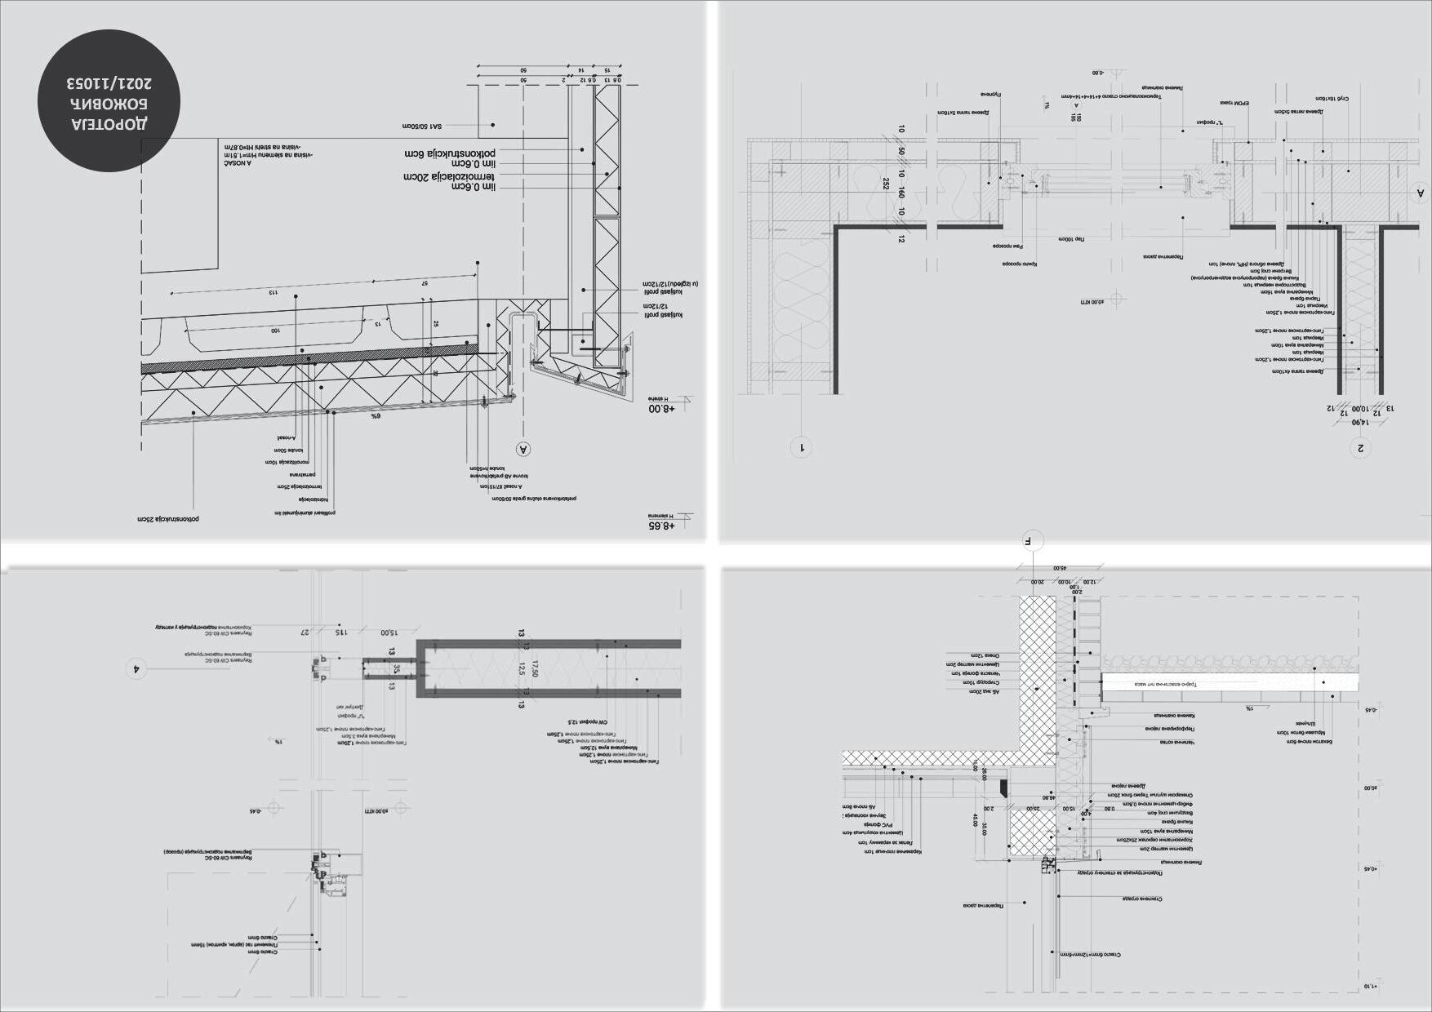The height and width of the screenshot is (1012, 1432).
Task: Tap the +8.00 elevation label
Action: [661, 407]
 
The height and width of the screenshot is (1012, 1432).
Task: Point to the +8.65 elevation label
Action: [661, 526]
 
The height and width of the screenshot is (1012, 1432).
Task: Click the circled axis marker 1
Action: [802, 446]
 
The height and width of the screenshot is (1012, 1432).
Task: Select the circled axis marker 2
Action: [1360, 447]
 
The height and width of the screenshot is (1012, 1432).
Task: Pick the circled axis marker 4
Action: [136, 668]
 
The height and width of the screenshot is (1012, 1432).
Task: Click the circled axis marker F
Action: [1032, 539]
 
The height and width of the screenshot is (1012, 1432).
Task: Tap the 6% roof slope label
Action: [376, 415]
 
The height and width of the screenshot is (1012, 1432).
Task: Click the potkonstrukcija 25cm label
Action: [168, 518]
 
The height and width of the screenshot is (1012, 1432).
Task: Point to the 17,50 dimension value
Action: [535, 668]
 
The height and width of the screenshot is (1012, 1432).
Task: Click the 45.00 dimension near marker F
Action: [1059, 569]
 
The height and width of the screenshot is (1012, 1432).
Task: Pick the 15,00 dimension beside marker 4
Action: [389, 632]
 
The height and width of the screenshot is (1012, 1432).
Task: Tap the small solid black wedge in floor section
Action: [1004, 788]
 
